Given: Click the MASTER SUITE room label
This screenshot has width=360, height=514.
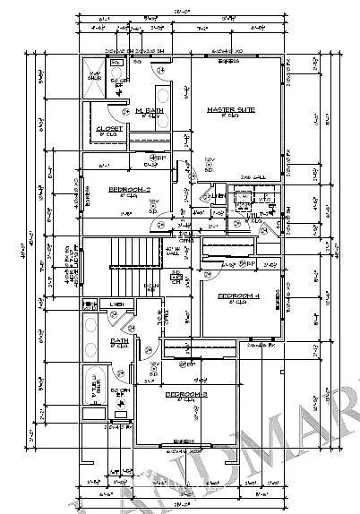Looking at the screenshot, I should pos(232,110).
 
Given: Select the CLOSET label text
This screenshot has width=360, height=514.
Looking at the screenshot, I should pos(109,129).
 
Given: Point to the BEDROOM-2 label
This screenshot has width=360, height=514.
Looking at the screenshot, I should pos(129,189).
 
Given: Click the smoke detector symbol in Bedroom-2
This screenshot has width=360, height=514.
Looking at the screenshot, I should pos(153,205).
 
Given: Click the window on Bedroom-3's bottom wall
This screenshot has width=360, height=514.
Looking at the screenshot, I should pos(184,442).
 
